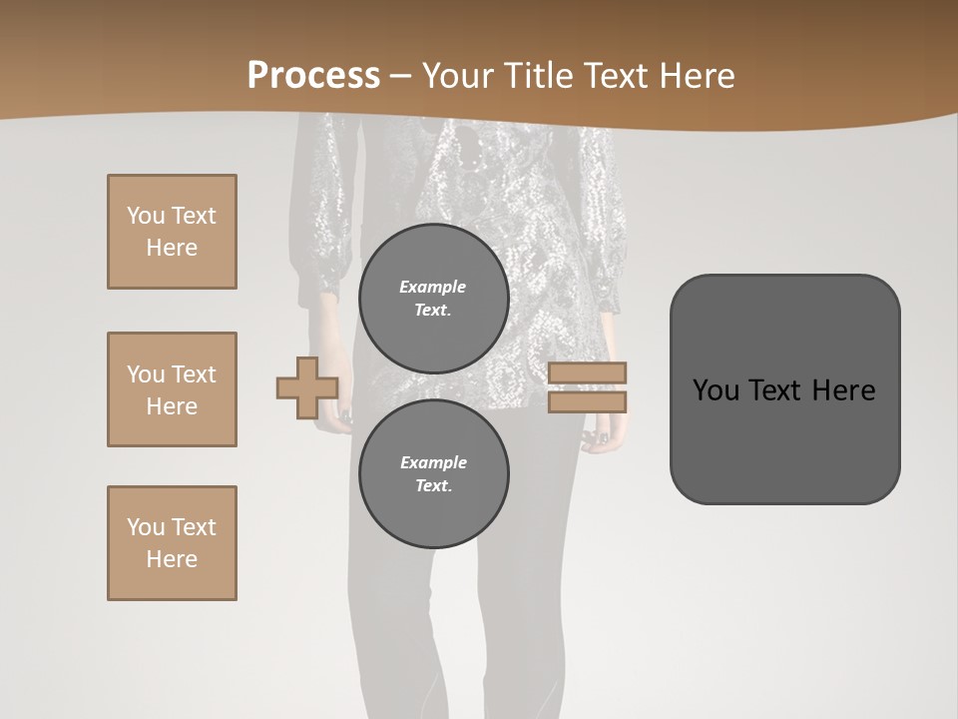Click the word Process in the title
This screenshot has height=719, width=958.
point(313,76)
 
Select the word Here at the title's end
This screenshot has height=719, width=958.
point(697,76)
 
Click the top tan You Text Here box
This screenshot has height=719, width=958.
point(172,232)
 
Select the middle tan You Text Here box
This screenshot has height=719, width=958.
point(172,389)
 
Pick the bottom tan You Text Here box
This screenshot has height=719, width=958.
point(172,543)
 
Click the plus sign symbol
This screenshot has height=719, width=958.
point(307,388)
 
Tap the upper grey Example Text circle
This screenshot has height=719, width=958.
point(434,299)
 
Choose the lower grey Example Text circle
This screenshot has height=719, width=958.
point(434,474)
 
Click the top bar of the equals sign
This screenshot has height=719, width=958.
point(588,373)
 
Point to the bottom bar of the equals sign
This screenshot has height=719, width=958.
point(588,402)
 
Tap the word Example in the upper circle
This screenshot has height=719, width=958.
point(433,288)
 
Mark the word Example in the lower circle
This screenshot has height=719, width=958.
point(433,463)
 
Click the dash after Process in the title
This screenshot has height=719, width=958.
point(400,77)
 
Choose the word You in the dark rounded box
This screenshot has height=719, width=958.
point(716,390)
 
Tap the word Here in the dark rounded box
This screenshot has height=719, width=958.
point(844,390)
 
